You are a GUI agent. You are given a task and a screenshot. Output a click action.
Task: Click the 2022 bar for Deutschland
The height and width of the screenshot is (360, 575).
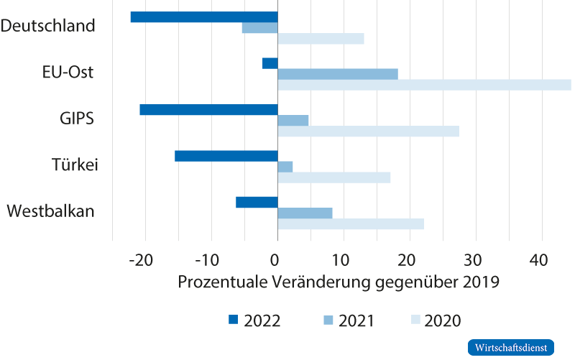point(203,17)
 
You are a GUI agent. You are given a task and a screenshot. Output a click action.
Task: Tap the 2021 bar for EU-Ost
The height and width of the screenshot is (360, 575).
point(338,73)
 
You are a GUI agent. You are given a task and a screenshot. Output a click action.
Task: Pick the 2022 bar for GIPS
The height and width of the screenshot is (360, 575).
point(208,110)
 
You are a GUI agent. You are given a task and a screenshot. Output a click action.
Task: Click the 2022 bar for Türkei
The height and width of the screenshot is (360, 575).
point(226,156)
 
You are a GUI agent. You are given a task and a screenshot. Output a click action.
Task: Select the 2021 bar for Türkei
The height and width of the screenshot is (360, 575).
point(285,167)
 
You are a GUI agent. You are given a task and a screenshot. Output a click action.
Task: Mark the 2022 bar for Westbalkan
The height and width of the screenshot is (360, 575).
point(257,202)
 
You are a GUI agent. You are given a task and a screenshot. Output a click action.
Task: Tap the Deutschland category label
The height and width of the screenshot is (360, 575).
point(48,26)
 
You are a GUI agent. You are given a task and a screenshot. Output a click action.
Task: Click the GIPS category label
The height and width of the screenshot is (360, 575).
point(77,119)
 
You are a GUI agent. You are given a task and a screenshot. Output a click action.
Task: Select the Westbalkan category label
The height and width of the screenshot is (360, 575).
point(50,211)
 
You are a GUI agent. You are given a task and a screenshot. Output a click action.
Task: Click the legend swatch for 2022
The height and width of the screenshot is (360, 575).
point(232,320)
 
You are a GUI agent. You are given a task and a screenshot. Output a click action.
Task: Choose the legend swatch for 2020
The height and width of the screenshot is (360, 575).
point(415,320)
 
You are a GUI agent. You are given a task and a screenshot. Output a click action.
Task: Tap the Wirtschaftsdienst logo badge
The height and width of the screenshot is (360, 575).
point(512,347)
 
